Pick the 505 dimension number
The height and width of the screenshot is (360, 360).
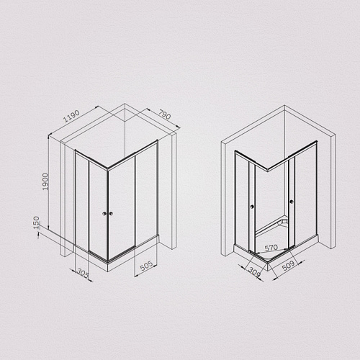pyautogui.click(x=146, y=271)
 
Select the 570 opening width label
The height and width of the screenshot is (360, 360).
pyautogui.click(x=271, y=248)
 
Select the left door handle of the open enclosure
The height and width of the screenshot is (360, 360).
pyautogui.click(x=251, y=208)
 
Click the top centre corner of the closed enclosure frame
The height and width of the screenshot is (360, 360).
pyautogui.click(x=108, y=170)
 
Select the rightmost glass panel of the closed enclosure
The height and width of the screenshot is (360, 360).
pyautogui.click(x=147, y=194)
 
